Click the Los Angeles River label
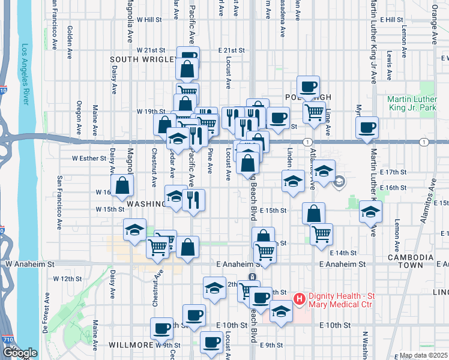tap(25, 75)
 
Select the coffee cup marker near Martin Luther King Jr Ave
tap(367, 127)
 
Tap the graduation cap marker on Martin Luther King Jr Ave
tap(370, 211)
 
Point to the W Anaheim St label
tap(30, 263)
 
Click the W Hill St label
tap(149, 19)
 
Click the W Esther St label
tap(88, 159)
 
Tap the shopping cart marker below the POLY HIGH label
tap(314, 111)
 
